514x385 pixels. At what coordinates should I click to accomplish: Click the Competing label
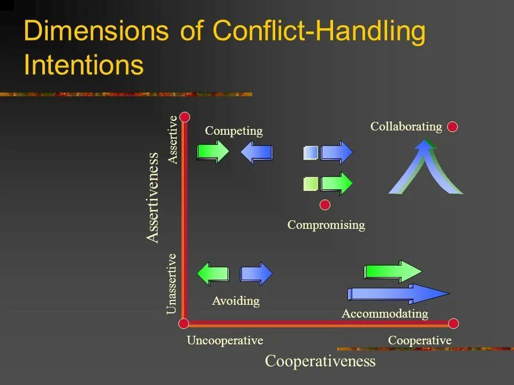click(234, 131)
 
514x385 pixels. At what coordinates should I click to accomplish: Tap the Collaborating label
click(406, 127)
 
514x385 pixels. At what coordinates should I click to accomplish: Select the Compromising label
click(326, 225)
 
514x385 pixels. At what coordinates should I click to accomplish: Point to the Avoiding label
click(236, 301)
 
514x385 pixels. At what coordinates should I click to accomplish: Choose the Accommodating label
click(385, 313)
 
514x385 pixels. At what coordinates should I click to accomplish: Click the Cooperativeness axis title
click(320, 361)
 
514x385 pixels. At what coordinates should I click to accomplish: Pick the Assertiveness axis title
click(153, 198)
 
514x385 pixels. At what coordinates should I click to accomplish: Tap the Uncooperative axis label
click(225, 341)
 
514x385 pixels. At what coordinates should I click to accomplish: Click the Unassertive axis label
click(171, 283)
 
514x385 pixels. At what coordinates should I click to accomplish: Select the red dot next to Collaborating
click(452, 127)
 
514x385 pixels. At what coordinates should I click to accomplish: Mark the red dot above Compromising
click(325, 204)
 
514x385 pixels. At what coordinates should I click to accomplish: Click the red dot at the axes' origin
click(184, 323)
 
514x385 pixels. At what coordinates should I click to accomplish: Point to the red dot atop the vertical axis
click(185, 117)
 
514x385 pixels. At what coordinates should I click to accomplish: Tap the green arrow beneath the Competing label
click(213, 152)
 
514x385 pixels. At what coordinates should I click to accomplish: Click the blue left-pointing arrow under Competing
click(256, 152)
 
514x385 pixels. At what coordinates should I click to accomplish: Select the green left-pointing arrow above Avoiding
click(213, 274)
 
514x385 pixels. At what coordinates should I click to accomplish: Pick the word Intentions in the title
click(84, 65)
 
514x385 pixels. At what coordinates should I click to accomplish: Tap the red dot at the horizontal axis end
click(453, 323)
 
